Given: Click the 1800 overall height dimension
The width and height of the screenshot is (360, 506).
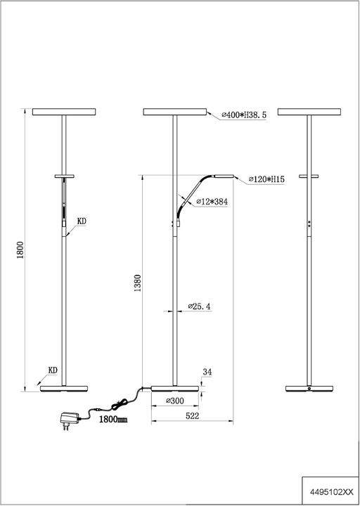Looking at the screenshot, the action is click(x=21, y=250).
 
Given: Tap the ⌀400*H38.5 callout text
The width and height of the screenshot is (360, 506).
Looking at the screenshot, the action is click(x=244, y=115).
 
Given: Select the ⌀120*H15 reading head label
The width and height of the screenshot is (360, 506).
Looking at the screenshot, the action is click(x=266, y=179).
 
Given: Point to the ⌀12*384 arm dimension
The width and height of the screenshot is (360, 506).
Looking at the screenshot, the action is click(x=212, y=202).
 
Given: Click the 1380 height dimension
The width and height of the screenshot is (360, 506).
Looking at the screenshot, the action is click(x=138, y=283).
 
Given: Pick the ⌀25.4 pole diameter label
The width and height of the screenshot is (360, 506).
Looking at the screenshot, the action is click(x=199, y=306).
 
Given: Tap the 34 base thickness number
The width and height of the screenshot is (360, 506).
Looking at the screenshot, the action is click(x=207, y=372).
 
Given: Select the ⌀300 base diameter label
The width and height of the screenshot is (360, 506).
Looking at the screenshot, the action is click(x=175, y=401).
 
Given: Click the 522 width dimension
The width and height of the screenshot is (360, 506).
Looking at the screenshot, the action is click(x=192, y=416).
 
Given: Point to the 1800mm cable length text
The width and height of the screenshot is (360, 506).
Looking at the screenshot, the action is click(x=113, y=420).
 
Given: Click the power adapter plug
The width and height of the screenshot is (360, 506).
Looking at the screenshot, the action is click(x=69, y=421).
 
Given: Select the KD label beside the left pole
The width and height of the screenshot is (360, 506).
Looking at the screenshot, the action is click(x=82, y=221).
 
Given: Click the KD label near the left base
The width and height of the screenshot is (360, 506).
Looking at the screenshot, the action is click(x=53, y=370).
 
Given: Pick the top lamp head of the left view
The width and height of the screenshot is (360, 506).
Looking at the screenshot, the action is click(x=64, y=112).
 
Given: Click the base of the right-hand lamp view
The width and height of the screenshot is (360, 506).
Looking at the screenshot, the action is click(x=309, y=389).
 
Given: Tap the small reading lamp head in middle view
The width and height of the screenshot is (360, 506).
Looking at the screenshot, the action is click(x=224, y=176).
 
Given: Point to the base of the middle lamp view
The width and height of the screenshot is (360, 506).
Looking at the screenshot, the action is click(x=175, y=389).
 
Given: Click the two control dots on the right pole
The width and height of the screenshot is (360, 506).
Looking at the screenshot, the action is click(x=309, y=224).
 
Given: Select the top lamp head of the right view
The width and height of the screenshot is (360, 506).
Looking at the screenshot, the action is click(x=309, y=112).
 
